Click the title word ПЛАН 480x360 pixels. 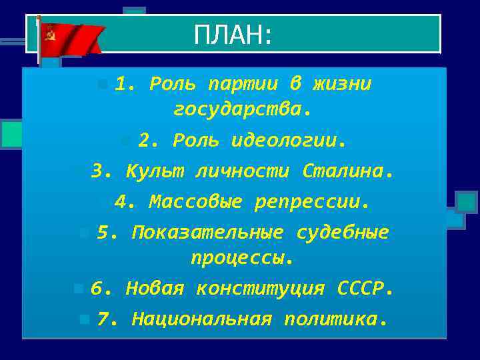(x=231, y=35)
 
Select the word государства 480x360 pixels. (x=242, y=109)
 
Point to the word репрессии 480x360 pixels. (x=311, y=201)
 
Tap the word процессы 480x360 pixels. (x=242, y=257)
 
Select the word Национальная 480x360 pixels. (x=201, y=319)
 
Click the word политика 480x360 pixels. (x=335, y=319)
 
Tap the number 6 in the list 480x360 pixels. (x=97, y=289)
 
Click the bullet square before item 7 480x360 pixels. (x=83, y=319)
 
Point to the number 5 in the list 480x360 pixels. (x=103, y=233)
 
